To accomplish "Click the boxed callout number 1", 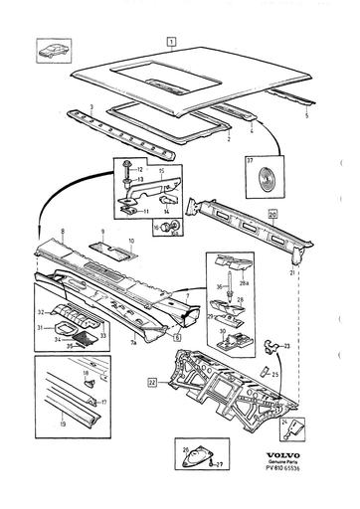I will click(x=171, y=43).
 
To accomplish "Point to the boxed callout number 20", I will click(x=271, y=213).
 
